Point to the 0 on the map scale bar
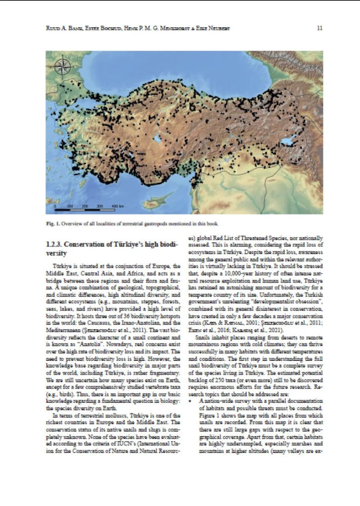tap(55, 207)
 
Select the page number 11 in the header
tap(319, 28)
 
